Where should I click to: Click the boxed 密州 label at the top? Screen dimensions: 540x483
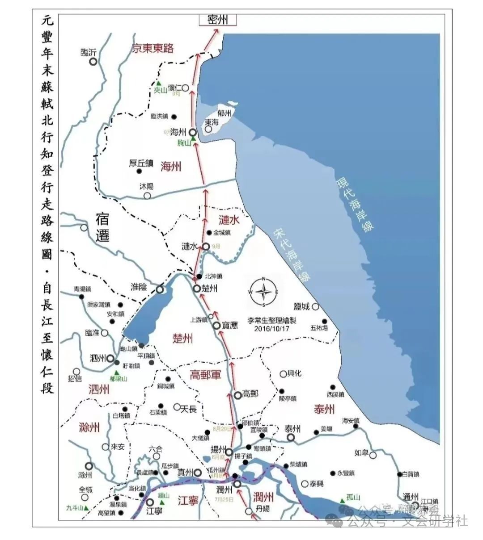[218, 20]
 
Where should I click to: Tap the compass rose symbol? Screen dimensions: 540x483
[264, 292]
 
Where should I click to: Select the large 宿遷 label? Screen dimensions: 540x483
[103, 227]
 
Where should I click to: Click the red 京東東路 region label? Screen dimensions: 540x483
[153, 49]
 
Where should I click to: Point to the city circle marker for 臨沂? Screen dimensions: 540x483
[93, 62]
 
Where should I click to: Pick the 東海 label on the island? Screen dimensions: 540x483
[212, 122]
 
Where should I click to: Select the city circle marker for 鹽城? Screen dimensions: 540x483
[315, 306]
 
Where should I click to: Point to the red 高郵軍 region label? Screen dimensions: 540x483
[206, 375]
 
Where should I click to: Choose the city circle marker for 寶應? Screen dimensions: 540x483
[216, 326]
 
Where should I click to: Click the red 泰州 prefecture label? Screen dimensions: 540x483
[324, 409]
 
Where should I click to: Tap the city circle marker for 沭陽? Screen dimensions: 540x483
[147, 195]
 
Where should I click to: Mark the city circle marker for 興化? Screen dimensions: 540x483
[283, 374]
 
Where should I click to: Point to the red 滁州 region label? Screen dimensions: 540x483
[89, 427]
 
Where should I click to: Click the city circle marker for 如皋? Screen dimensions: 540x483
[373, 454]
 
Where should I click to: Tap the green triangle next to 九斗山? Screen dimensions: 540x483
[87, 508]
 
